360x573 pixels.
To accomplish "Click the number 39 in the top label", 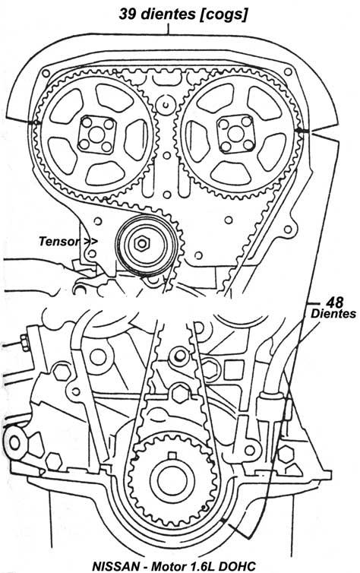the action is pyautogui.click(x=128, y=14).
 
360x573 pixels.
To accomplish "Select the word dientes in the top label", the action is pyautogui.click(x=169, y=14).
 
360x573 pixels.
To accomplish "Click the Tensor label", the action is pyautogui.click(x=58, y=241).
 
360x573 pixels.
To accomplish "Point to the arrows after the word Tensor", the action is pyautogui.click(x=90, y=242).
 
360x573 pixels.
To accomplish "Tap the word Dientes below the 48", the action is pyautogui.click(x=333, y=314).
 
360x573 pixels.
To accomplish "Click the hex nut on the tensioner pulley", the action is pyautogui.click(x=141, y=244).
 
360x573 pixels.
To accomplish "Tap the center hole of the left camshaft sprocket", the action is pyautogui.click(x=96, y=135).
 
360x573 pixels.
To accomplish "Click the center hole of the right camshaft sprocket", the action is pyautogui.click(x=236, y=134).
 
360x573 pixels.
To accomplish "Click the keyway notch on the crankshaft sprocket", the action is pyautogui.click(x=172, y=456).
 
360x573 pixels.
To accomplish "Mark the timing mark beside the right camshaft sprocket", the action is pyautogui.click(x=302, y=131).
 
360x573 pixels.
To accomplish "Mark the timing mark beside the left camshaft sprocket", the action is pyautogui.click(x=36, y=122).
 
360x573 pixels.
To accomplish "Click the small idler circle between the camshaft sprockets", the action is pyautogui.click(x=166, y=105).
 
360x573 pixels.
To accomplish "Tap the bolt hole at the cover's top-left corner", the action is pyautogui.click(x=46, y=74).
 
